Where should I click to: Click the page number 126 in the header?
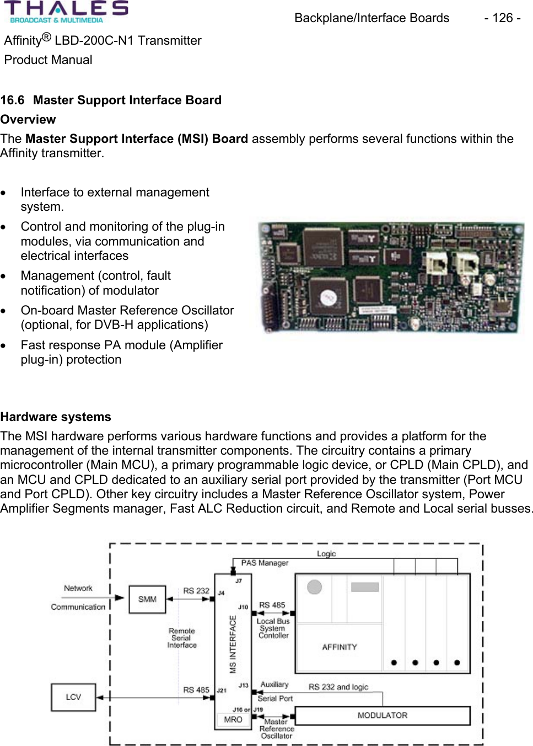tap(502, 18)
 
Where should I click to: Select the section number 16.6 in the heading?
tap(12, 100)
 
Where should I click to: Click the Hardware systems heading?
tap(56, 417)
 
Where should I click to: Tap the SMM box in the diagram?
tap(147, 599)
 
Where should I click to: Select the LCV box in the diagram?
tap(73, 697)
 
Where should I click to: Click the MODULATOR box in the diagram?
tap(383, 715)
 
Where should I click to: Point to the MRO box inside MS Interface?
tap(233, 720)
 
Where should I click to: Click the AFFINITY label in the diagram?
tap(339, 647)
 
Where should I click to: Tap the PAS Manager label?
tap(265, 563)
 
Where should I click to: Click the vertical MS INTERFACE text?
tap(233, 644)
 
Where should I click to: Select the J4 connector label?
tap(221, 593)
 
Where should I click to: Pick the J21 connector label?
tap(221, 690)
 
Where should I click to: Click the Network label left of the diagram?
tap(78, 588)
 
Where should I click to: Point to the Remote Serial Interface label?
tap(182, 638)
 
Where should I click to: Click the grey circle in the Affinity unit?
tap(315, 587)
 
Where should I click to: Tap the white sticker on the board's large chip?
tap(328, 298)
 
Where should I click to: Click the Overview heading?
tap(28, 120)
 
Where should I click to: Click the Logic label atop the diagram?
tap(326, 553)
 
